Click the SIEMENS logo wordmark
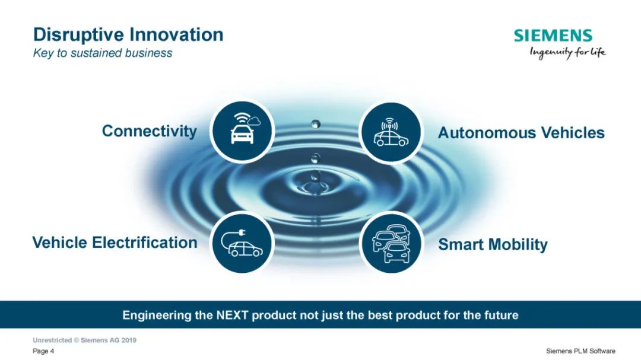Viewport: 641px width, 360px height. tap(553, 36)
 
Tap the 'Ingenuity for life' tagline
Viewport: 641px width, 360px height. tap(568, 53)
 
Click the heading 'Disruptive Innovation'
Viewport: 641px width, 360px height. tap(128, 35)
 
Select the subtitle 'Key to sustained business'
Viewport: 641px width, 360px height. tap(103, 53)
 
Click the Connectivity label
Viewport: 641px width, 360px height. tap(149, 131)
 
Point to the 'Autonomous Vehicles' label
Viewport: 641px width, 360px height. tap(521, 133)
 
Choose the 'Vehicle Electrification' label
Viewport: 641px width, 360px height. tap(115, 243)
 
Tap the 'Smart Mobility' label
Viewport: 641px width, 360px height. tap(493, 244)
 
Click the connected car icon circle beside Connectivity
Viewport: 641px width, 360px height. tap(242, 131)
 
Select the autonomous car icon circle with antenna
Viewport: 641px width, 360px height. tap(391, 132)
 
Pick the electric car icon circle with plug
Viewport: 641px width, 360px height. tap(242, 243)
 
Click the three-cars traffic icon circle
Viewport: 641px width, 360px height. tap(391, 243)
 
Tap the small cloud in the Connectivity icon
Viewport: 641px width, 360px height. tap(254, 120)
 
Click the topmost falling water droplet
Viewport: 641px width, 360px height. tap(316, 124)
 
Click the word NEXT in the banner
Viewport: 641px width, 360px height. tap(232, 316)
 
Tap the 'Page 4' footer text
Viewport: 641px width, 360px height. tap(43, 351)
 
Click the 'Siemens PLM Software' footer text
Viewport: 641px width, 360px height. tap(580, 351)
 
